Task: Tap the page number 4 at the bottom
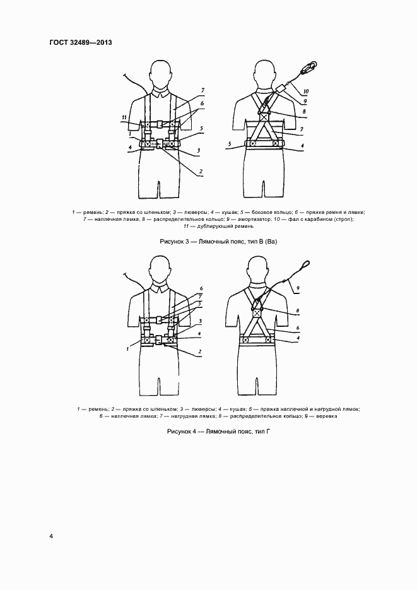[x=51, y=536]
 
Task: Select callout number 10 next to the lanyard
[x=307, y=90]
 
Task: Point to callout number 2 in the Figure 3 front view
[x=200, y=172]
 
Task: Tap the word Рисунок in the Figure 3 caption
[x=172, y=242]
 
